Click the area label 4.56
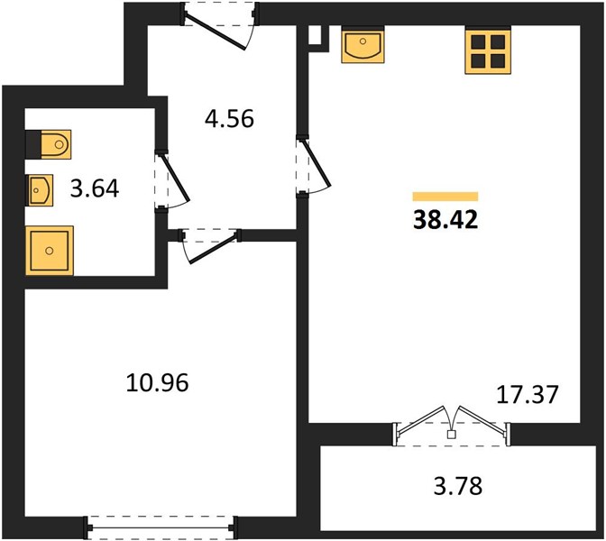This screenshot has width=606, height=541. click(x=229, y=119)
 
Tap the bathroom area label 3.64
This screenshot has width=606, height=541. click(x=95, y=189)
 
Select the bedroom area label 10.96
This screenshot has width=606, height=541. click(x=157, y=382)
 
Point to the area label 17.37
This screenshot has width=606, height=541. click(x=528, y=395)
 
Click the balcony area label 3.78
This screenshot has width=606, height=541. click(x=458, y=486)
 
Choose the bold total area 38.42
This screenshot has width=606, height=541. click(x=445, y=220)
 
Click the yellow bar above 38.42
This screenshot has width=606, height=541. click(x=445, y=197)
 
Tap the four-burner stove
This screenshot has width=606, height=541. click(x=488, y=50)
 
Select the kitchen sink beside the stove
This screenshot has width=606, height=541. click(x=363, y=44)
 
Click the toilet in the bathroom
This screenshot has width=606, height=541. click(x=49, y=144)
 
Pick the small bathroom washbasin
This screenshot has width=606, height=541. click(x=40, y=190)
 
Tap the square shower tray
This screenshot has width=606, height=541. click(x=50, y=251)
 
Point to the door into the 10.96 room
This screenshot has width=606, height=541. click(x=211, y=244)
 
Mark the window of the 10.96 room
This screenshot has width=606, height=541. click(x=161, y=527)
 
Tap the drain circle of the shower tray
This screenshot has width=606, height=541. click(x=49, y=251)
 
